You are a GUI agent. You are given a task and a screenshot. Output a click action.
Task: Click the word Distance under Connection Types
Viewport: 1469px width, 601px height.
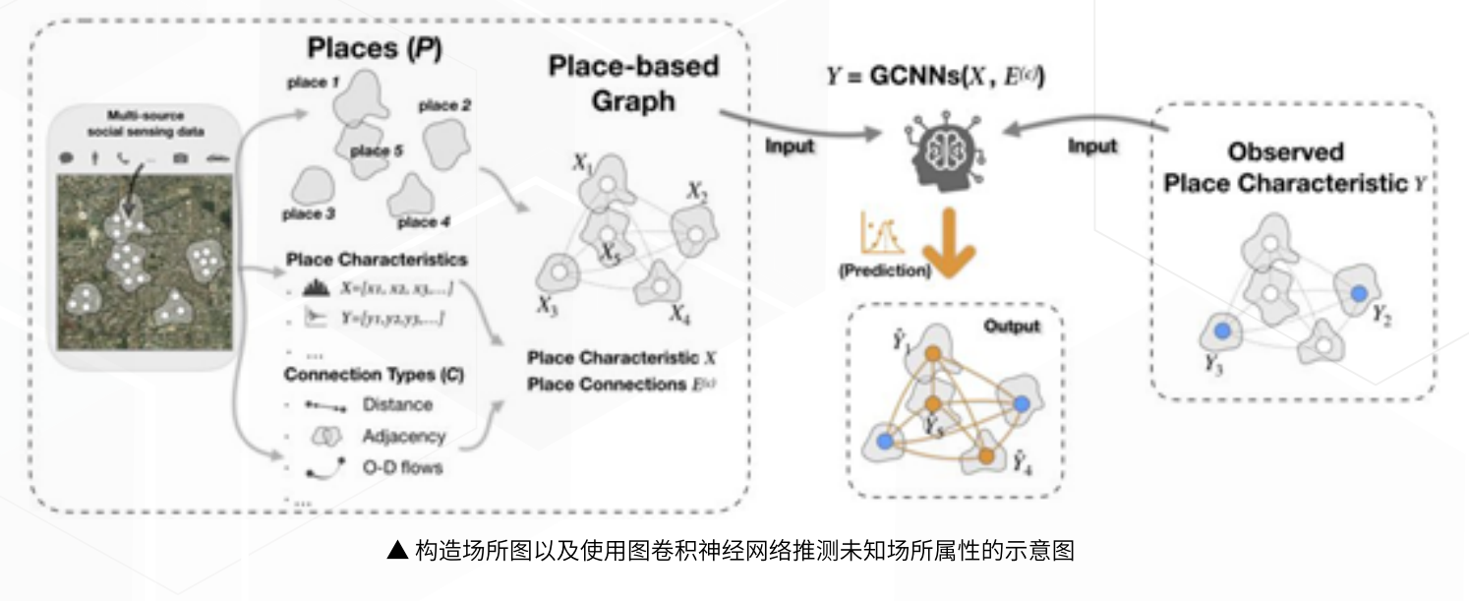pyautogui.click(x=397, y=404)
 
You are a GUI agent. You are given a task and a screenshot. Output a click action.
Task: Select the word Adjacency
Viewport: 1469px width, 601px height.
pyautogui.click(x=403, y=436)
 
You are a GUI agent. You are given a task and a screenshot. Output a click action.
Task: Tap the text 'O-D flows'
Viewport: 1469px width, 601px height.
pyautogui.click(x=402, y=467)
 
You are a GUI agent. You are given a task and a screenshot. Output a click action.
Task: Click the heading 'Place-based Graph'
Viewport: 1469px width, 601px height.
pyautogui.click(x=633, y=83)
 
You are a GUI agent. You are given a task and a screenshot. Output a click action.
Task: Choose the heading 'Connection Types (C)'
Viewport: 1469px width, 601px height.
pyautogui.click(x=374, y=375)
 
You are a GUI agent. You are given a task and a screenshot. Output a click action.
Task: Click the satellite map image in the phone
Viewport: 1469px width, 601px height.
pyautogui.click(x=145, y=262)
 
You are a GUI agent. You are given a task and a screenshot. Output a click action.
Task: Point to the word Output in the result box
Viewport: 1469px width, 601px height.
pyautogui.click(x=1011, y=326)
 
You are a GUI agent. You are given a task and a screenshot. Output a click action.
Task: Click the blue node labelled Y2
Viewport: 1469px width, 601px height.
pyautogui.click(x=1358, y=292)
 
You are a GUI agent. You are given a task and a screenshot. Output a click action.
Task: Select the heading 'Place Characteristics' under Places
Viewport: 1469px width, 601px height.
pyautogui.click(x=377, y=260)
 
